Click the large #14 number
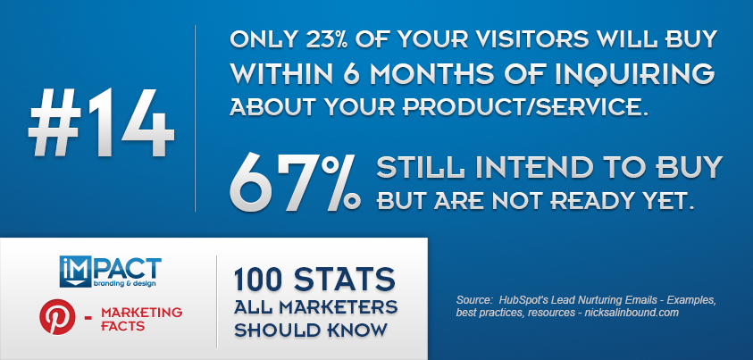point(101,122)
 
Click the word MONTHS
point(425,73)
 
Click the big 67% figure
point(295,184)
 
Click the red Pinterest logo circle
point(58,317)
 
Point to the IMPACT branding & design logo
point(111,272)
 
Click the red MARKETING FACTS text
point(142,319)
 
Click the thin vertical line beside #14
point(195,118)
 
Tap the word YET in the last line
point(674,201)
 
